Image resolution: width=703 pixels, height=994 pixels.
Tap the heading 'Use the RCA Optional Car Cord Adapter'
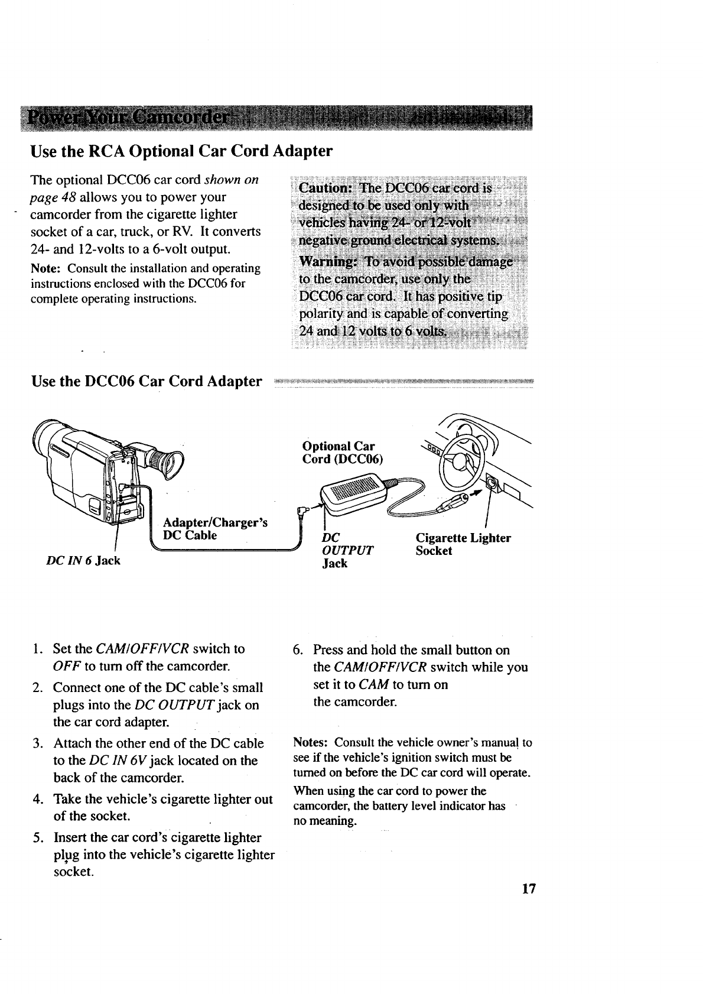[181, 151]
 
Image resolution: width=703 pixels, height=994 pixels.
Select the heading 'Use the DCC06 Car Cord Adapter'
[147, 382]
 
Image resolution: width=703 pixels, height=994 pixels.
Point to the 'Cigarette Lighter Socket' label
[463, 544]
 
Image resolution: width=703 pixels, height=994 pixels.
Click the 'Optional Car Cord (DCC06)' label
[341, 453]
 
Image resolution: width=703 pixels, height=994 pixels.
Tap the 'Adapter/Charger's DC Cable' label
[215, 529]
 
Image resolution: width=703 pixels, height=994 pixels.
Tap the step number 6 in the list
[298, 650]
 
